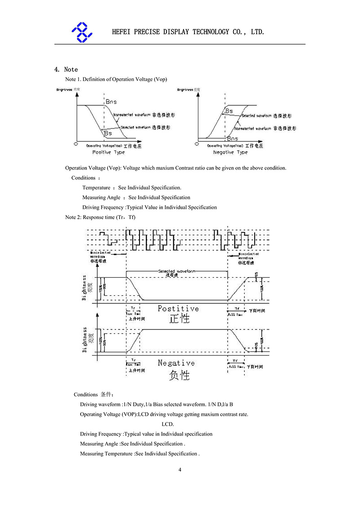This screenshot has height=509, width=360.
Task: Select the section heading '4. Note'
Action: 66,69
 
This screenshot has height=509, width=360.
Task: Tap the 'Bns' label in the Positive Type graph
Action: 111,102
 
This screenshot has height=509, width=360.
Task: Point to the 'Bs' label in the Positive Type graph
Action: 108,133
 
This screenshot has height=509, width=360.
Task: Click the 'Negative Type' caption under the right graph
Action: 229,153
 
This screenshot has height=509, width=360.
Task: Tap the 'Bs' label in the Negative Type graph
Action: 229,111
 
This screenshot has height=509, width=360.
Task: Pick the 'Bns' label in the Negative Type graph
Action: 232,139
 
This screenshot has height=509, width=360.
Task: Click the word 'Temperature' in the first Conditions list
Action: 96,188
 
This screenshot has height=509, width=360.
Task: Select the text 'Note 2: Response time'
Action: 90,217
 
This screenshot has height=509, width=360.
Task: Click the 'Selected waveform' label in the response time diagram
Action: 177,271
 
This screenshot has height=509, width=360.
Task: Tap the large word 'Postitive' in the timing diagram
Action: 178,309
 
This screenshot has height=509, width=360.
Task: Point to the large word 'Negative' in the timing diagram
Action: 176,363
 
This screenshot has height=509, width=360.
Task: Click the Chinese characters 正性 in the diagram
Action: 179,319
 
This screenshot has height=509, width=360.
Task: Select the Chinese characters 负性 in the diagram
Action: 179,374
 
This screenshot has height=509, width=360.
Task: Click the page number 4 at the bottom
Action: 180,470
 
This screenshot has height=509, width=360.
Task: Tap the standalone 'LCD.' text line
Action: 167,424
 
